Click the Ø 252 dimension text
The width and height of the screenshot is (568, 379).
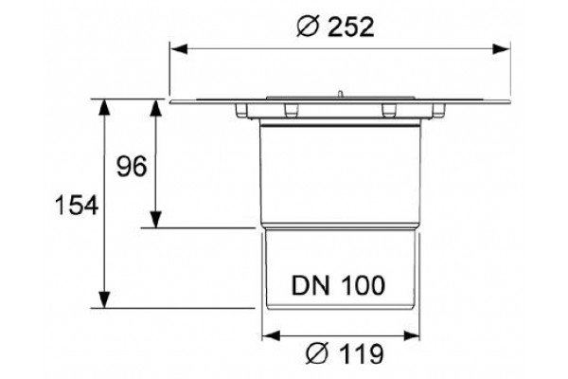coord(335,27)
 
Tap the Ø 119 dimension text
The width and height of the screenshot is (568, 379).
coord(345,354)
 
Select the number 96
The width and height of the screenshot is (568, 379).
coord(132,167)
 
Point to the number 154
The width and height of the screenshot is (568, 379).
coord(77,205)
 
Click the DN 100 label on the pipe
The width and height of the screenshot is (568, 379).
coord(338,285)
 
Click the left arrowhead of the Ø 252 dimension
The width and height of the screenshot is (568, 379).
coord(179,49)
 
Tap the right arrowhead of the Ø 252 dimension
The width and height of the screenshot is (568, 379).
coord(502,49)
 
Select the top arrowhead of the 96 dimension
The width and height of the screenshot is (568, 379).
coord(156,108)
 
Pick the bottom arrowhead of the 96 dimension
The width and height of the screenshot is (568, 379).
coord(156,219)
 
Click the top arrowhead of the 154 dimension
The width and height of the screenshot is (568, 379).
coord(104,108)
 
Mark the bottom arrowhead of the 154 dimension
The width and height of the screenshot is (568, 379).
coord(104,299)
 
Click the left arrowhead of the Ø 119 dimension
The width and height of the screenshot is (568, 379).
coord(271,335)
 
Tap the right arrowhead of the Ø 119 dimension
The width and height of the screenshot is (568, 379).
coord(411,335)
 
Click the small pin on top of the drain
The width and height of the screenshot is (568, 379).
coord(340,94)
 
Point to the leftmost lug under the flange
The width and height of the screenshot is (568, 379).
coord(241,110)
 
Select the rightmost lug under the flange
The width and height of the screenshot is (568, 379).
coord(438,110)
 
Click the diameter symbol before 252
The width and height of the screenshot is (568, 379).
coord(308,27)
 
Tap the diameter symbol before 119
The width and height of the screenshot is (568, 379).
coord(316,354)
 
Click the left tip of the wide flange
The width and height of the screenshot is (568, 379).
coord(169,102)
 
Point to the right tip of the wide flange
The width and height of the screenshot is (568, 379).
coord(510,101)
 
